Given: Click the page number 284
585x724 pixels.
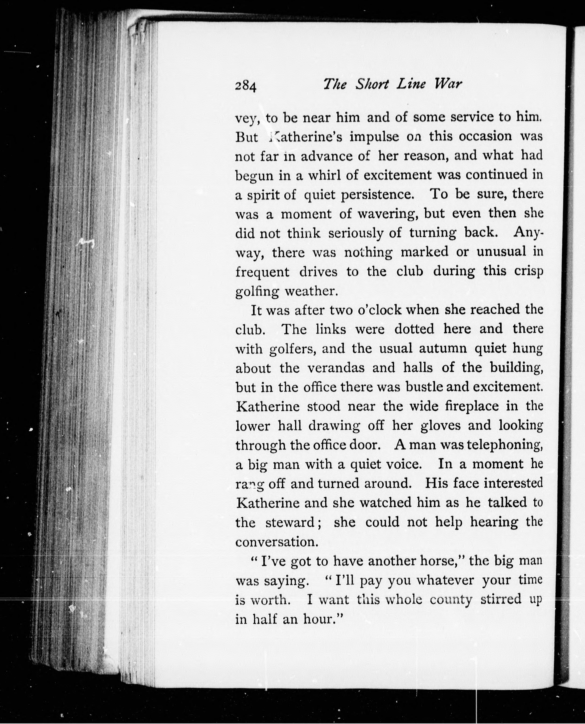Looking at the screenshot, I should click(x=246, y=86).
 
